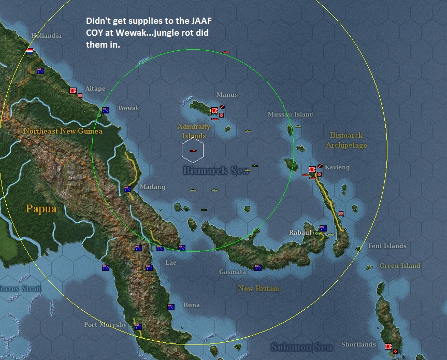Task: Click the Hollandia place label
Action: pyautogui.click(x=46, y=36)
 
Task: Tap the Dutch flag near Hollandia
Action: pyautogui.click(x=30, y=51)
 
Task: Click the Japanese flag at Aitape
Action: pyautogui.click(x=73, y=91)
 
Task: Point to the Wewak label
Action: pyautogui.click(x=128, y=108)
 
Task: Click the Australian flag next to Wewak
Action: pyautogui.click(x=106, y=110)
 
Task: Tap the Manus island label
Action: pyautogui.click(x=227, y=95)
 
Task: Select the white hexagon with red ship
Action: pyautogui.click(x=193, y=150)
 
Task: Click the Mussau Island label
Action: pyautogui.click(x=290, y=114)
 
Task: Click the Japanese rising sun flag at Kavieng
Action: pyautogui.click(x=312, y=168)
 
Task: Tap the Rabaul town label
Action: pyautogui.click(x=300, y=233)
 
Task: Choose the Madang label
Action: pyautogui.click(x=152, y=187)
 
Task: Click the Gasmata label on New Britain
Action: pyautogui.click(x=232, y=271)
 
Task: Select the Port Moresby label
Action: pyautogui.click(x=105, y=325)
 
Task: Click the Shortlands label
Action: pyautogui.click(x=358, y=344)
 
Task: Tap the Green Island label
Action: pyautogui.click(x=400, y=266)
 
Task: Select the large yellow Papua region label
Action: pyautogui.click(x=41, y=210)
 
